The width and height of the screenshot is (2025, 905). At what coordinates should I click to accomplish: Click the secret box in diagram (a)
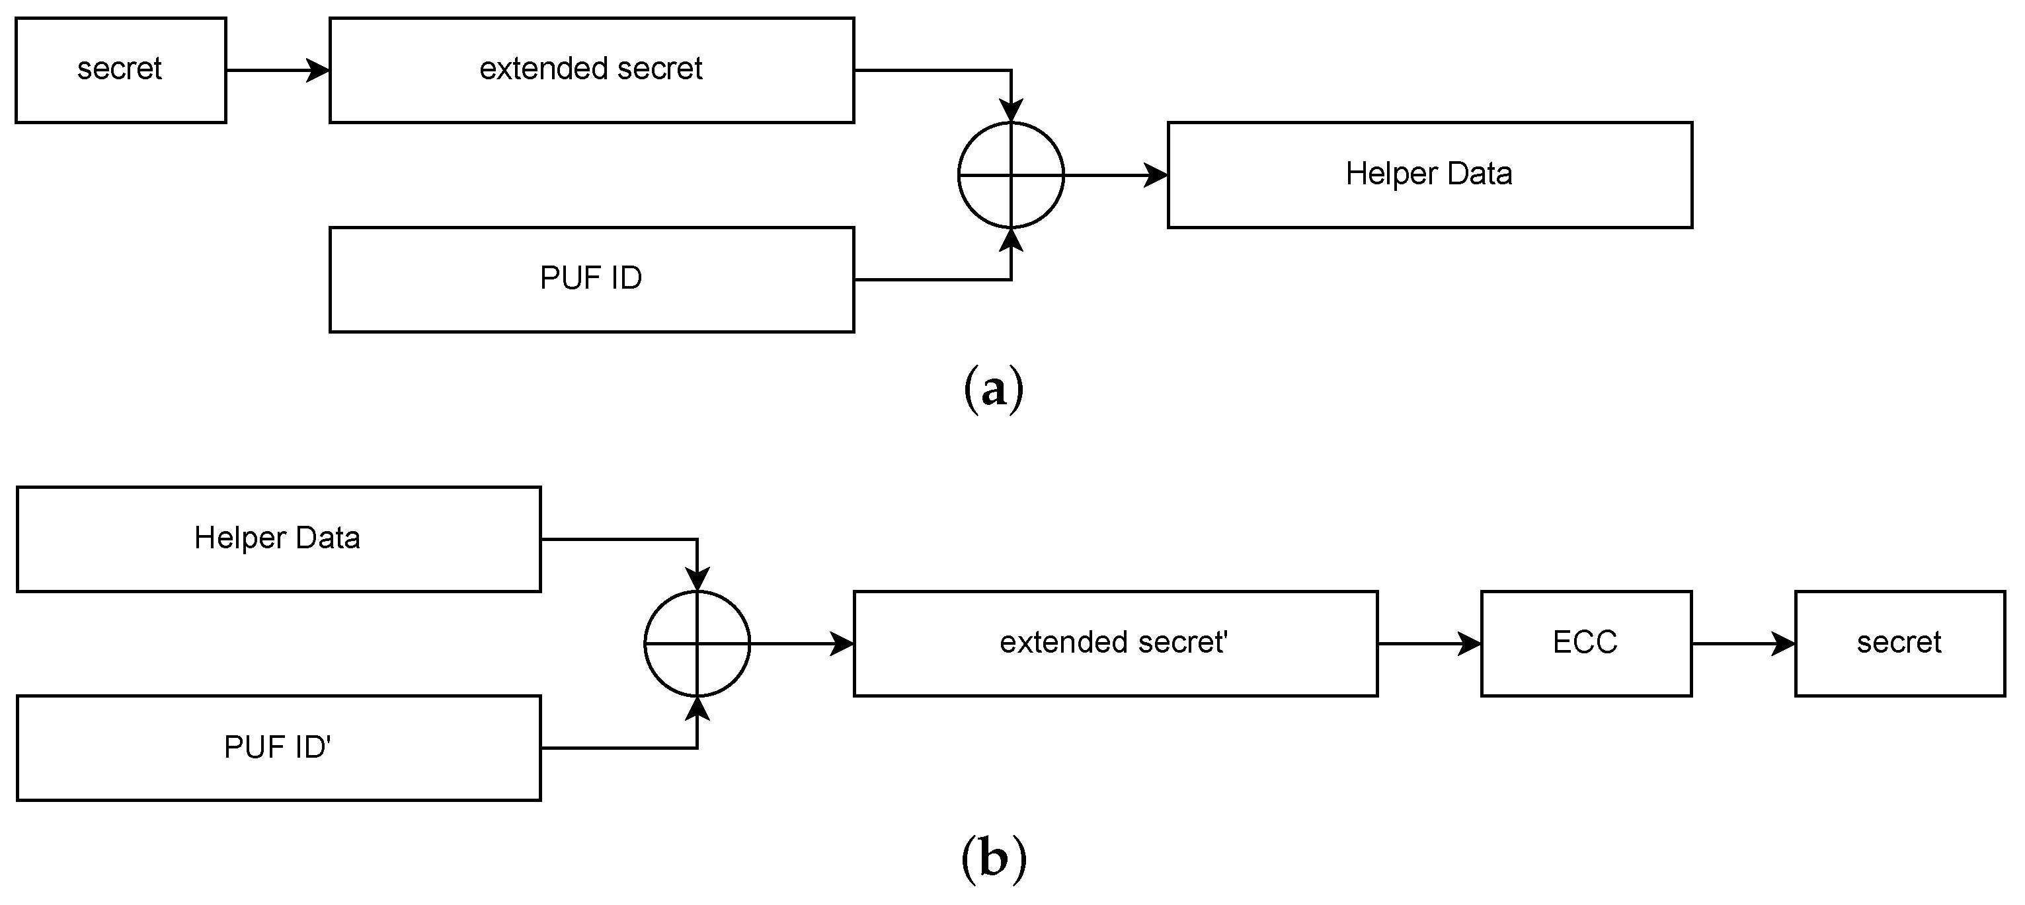point(120,70)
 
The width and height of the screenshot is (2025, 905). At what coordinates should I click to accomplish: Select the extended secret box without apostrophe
point(591,70)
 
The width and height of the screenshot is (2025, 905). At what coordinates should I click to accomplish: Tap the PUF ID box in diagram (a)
point(591,279)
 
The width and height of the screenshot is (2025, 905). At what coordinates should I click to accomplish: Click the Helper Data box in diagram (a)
point(1429,174)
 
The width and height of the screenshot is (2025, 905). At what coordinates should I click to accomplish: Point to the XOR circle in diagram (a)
point(1010,174)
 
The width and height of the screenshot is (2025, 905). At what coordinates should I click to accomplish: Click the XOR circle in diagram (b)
point(697,643)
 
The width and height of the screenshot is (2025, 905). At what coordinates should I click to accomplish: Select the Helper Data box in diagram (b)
point(278,539)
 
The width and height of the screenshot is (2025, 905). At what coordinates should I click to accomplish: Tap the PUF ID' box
point(278,747)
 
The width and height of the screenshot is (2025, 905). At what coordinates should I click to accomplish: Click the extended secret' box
point(1115,643)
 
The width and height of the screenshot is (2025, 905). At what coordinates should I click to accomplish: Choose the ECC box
point(1585,643)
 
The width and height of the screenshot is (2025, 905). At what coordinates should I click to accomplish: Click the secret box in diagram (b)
point(1899,643)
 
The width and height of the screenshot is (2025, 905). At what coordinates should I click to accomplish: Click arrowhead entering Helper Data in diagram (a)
point(1156,174)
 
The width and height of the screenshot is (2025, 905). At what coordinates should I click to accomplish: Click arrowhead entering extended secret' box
point(843,643)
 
